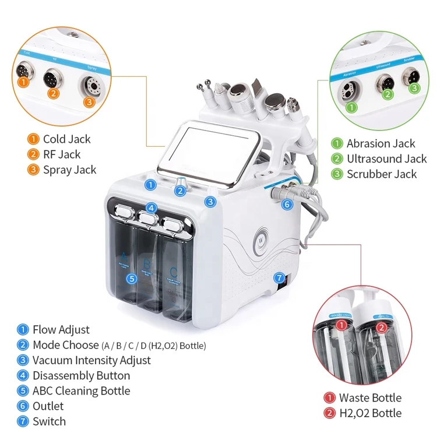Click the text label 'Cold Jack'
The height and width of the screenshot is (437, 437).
click(66, 139)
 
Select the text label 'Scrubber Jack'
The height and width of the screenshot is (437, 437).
click(382, 174)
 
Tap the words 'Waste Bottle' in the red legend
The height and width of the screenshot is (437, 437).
click(370, 398)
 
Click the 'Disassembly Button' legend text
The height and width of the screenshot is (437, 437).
click(81, 376)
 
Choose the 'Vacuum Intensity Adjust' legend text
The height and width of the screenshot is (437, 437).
click(91, 361)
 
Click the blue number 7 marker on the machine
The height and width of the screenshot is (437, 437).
click(279, 278)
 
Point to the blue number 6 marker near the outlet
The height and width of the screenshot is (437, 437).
click(286, 205)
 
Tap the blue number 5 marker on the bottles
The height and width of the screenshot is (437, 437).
click(132, 279)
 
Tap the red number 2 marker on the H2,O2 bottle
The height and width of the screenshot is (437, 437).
click(381, 327)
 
